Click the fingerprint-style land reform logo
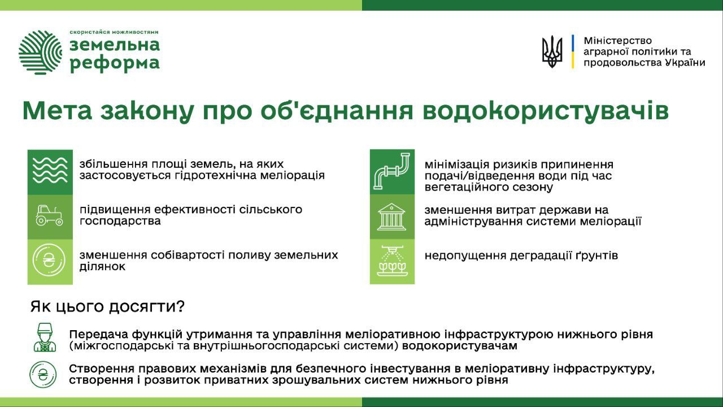point(40,52)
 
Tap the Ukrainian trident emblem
point(552,51)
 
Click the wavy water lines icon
point(50,171)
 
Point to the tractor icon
point(50,215)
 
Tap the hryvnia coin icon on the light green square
point(49,261)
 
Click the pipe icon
point(391,171)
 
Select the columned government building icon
point(391,217)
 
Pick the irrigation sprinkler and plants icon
point(392,261)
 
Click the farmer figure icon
point(45,337)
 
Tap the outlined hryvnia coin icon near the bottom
point(43,374)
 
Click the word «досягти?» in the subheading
point(146,306)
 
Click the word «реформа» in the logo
point(115,64)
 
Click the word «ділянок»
point(102,267)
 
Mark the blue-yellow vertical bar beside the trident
point(573,51)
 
